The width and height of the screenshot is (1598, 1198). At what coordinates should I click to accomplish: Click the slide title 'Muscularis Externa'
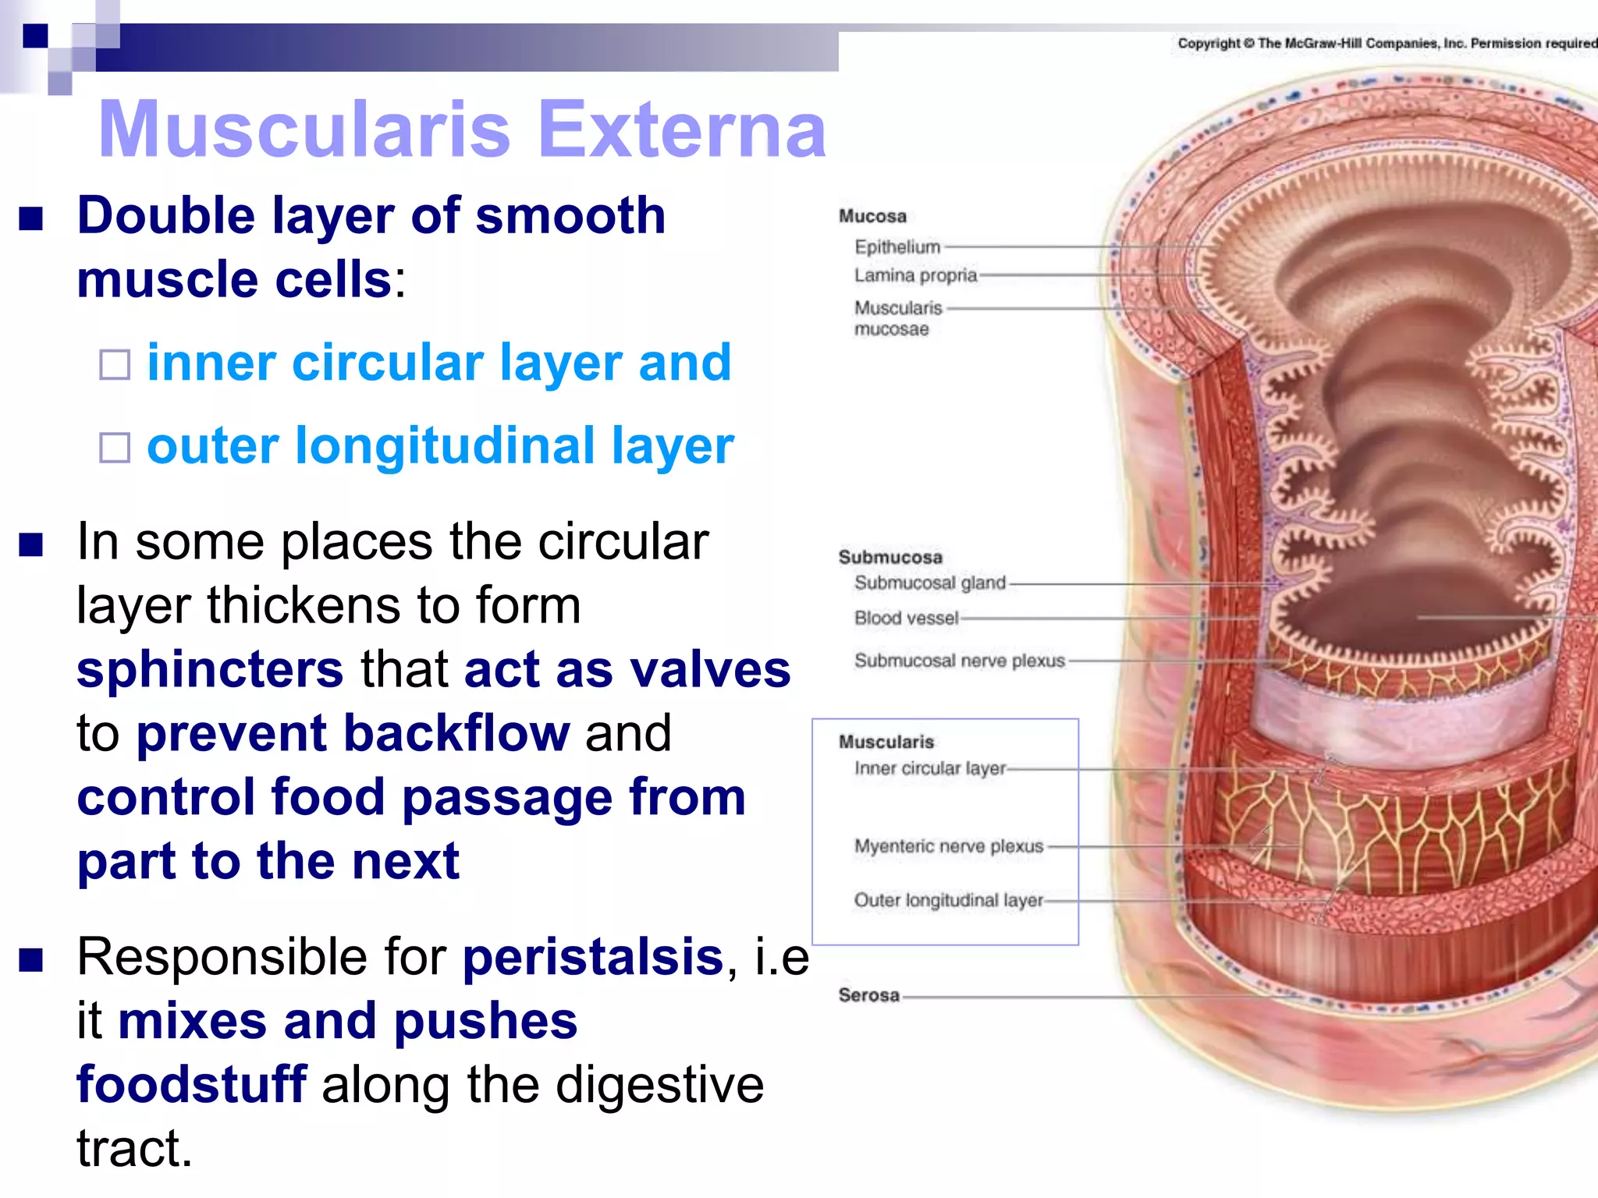pos(462,129)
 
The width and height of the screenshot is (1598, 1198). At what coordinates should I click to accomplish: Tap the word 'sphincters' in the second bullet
pos(210,669)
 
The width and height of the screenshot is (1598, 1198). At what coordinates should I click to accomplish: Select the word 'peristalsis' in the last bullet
pos(593,957)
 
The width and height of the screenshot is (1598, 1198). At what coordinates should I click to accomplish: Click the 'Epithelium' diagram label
pos(897,247)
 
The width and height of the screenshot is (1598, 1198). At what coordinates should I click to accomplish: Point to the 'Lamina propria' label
pos(915,275)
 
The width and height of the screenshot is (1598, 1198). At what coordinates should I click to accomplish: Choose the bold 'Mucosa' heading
pos(872,216)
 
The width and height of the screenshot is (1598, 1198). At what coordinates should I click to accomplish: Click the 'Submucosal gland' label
pos(929,583)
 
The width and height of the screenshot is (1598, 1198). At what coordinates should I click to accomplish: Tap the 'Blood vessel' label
pos(906,618)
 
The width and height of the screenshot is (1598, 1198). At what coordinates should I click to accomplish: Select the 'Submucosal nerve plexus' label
pos(959,661)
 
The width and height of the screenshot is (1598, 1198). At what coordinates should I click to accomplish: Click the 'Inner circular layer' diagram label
pos(930,768)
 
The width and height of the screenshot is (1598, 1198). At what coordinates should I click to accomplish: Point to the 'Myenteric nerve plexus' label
pos(949,846)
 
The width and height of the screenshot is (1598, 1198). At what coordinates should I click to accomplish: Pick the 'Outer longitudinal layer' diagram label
pos(948,900)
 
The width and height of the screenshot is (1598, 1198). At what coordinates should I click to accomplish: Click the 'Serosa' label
pos(868,995)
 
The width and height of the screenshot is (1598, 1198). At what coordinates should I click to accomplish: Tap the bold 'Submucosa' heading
pos(890,557)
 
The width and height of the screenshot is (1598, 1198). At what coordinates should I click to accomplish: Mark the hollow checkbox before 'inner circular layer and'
pos(115,364)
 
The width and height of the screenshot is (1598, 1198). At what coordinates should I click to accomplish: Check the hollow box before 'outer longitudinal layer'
pos(115,448)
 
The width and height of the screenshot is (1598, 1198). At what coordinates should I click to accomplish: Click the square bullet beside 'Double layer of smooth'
pos(31,218)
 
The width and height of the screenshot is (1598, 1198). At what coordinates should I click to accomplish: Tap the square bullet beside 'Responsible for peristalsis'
pos(31,960)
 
